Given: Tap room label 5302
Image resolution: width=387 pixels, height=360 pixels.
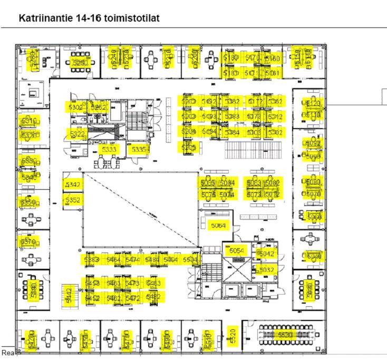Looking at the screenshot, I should (x=75, y=107).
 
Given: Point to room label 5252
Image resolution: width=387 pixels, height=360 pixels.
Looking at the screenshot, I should (x=99, y=107).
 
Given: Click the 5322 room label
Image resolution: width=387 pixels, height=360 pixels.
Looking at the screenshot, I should (x=77, y=134).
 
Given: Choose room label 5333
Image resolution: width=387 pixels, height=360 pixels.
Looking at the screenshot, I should (x=109, y=149).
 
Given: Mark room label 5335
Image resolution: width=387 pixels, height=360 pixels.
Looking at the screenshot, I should (x=139, y=149).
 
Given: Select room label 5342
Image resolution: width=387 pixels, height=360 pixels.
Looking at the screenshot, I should (x=73, y=184).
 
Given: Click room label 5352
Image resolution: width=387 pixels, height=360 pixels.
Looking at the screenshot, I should (x=73, y=200).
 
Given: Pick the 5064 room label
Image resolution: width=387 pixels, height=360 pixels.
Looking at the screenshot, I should (x=218, y=226).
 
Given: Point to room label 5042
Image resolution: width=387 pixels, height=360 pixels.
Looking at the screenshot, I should (x=267, y=254).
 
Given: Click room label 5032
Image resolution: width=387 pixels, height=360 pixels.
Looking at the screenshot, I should (x=267, y=270).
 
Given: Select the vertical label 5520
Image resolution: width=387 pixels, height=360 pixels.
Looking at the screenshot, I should (x=233, y=334).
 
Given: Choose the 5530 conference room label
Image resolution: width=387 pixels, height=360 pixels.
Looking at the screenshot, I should (x=285, y=335).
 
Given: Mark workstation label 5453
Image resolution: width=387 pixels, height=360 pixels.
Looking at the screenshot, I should (x=92, y=284).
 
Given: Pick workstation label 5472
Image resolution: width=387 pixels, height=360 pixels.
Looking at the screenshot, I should (x=133, y=299).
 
